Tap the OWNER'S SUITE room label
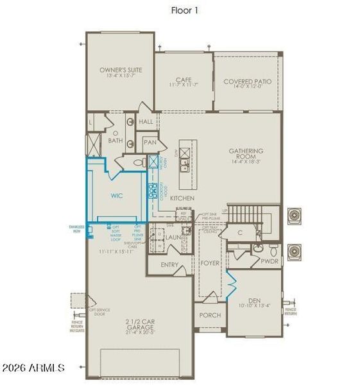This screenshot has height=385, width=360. click(121, 69)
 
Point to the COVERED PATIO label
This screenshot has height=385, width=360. click(247, 81)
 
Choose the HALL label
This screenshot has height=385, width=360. click(146, 121)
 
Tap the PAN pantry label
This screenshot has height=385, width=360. click(150, 142)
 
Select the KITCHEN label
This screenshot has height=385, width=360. click(182, 198)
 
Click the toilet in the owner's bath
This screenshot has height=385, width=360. click(140, 164)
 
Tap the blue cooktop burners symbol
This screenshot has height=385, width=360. click(153, 191)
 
